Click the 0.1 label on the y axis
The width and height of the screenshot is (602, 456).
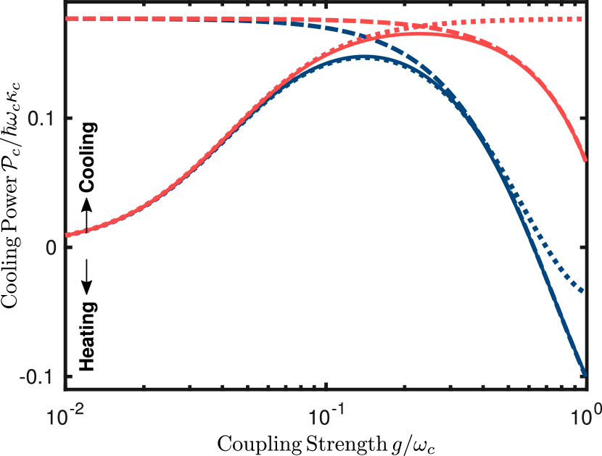(x=41, y=118)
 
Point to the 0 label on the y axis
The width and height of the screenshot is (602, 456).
(x=51, y=247)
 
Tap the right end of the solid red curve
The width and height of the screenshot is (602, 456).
(x=586, y=161)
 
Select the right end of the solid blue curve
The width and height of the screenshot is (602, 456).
(x=586, y=376)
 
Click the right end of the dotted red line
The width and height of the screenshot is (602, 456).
(x=586, y=18)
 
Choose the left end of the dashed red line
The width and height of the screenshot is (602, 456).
(x=67, y=18)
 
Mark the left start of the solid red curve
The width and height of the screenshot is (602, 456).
(x=67, y=235)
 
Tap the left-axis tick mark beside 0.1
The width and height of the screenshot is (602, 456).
(x=69, y=118)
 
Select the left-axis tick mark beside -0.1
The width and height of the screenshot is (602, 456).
(x=69, y=376)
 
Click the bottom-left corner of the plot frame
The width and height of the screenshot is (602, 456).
(x=66, y=390)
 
